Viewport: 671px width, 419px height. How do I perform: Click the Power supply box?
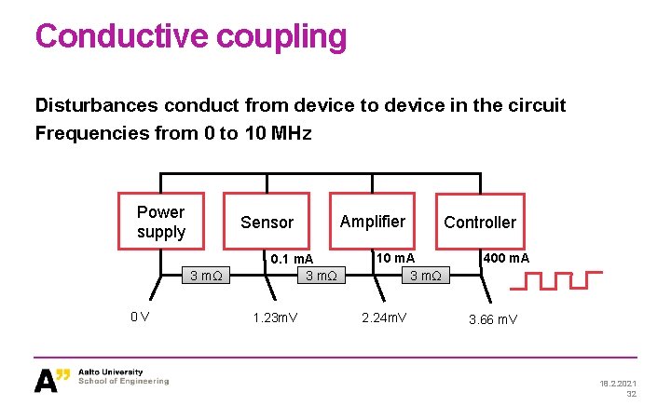160,222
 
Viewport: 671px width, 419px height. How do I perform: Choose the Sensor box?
267,222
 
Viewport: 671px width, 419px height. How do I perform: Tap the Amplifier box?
372,222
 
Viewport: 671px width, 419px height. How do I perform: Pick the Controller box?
479,222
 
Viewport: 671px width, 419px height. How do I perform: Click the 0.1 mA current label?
292,258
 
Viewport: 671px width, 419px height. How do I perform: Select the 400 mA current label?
506,257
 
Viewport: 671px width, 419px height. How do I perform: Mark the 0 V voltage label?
141,317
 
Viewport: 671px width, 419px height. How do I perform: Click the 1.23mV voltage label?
276,318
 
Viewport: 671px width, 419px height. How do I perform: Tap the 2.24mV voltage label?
384,318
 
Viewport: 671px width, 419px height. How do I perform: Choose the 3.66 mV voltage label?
493,318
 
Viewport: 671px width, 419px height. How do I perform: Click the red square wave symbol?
557,280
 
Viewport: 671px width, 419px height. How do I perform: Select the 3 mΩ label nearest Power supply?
204,275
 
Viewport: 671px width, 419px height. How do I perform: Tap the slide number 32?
631,394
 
